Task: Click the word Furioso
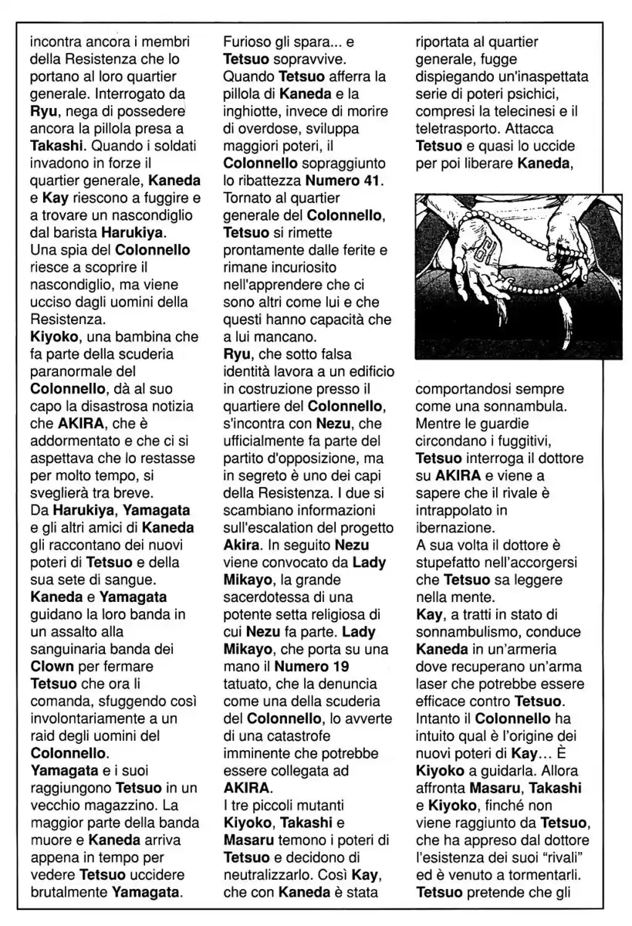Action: point(248,41)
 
